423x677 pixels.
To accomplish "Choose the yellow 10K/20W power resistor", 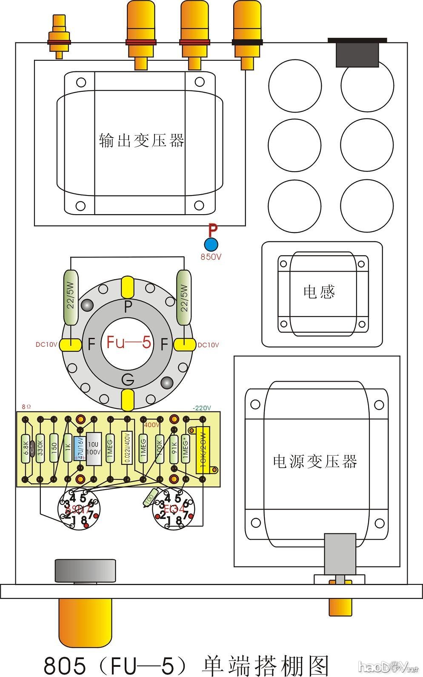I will pyautogui.click(x=203, y=450).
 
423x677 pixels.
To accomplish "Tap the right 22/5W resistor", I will pyautogui.click(x=184, y=297).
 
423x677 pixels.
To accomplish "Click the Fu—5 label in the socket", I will pyautogui.click(x=129, y=342).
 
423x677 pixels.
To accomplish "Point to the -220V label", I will pyautogui.click(x=202, y=408).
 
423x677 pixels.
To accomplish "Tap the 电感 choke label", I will pyautogui.click(x=319, y=292).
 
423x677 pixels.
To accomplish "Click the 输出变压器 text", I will pyautogui.click(x=142, y=140).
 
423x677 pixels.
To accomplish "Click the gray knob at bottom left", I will pyautogui.click(x=85, y=570).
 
